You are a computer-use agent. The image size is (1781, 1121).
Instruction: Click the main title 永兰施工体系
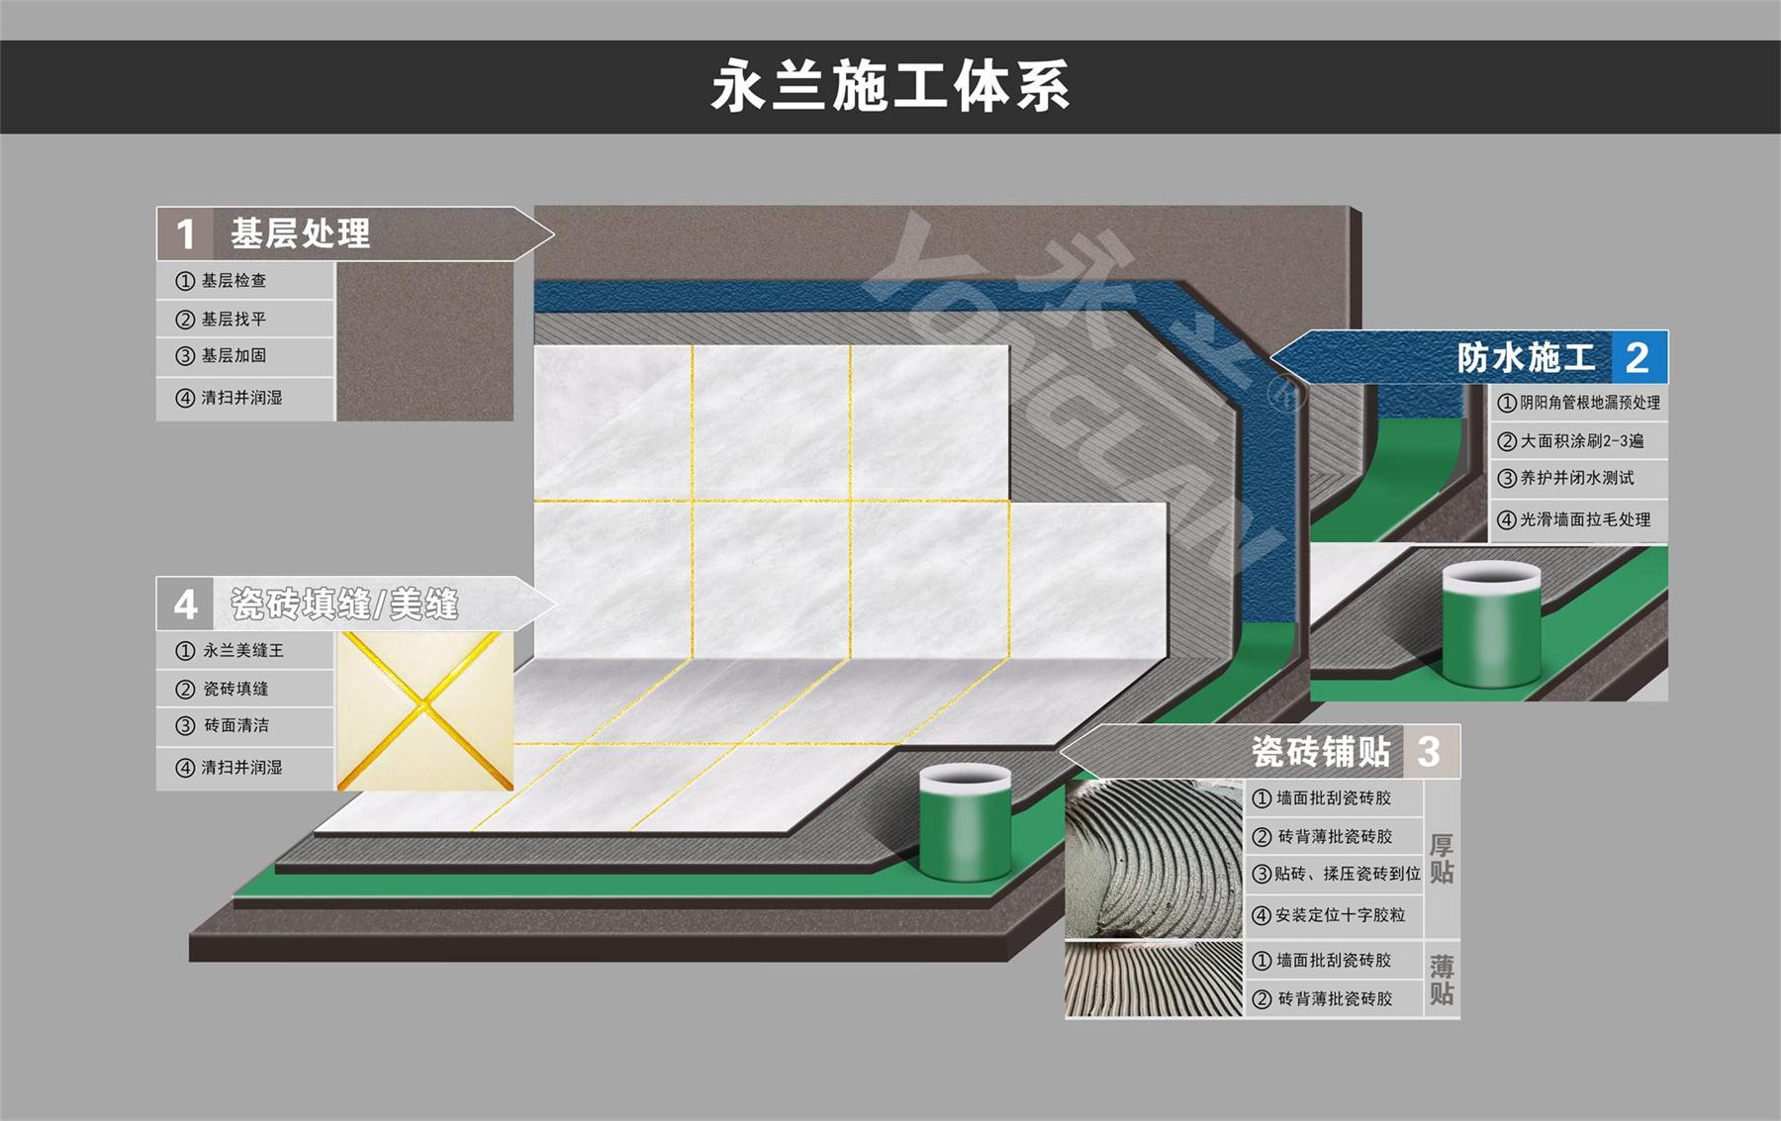pos(890,87)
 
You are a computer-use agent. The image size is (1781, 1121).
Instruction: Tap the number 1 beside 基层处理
pos(185,235)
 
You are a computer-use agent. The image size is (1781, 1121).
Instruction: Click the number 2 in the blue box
pos(1637,358)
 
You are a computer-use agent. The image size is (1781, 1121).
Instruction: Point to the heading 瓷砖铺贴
pos(1320,752)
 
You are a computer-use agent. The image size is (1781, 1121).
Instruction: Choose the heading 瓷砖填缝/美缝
pos(343,604)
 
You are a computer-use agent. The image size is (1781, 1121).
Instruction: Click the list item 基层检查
pos(234,281)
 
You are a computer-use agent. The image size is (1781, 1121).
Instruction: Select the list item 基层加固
pos(234,356)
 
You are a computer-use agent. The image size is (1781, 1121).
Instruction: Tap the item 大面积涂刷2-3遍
pos(1581,441)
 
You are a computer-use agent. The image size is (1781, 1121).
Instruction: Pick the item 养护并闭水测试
pos(1576,478)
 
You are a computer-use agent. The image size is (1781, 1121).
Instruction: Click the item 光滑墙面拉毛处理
pos(1584,519)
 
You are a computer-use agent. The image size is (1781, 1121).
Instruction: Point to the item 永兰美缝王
pos(242,651)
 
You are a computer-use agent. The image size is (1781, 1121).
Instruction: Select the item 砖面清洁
pos(235,725)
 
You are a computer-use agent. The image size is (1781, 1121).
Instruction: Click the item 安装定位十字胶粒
pos(1339,915)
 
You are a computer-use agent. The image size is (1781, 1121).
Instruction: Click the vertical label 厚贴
pos(1441,859)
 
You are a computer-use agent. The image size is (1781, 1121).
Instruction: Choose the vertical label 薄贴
pos(1441,979)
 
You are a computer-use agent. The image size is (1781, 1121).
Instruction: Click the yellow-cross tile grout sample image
pos(425,710)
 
